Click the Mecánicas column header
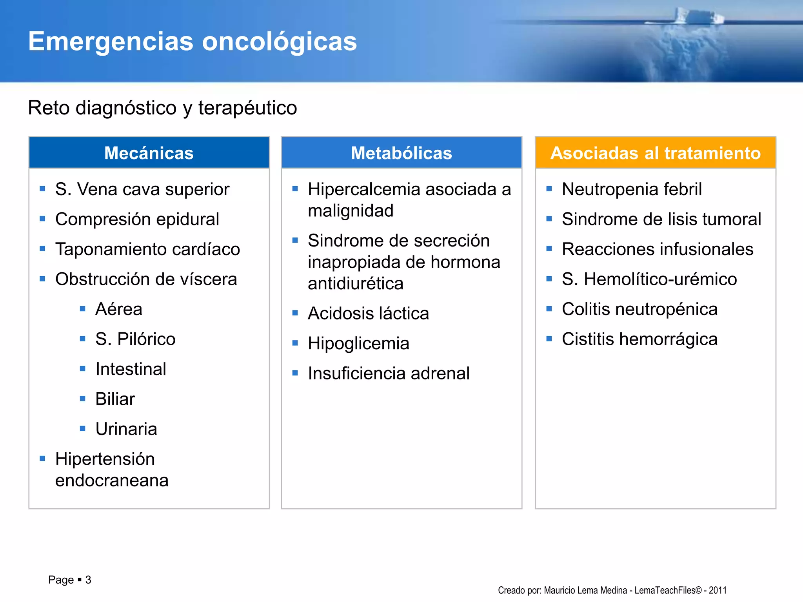(149, 153)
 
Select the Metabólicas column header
(401, 153)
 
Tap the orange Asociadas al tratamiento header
(656, 153)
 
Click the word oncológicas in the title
(279, 42)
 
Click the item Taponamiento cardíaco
(147, 249)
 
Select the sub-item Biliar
(115, 399)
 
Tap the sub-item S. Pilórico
(135, 339)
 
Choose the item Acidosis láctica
(368, 314)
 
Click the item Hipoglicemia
(358, 344)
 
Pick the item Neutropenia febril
(632, 189)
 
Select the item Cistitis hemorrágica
(639, 339)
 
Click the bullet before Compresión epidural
(43, 219)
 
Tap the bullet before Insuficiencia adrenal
(295, 373)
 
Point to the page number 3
(88, 580)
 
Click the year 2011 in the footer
(718, 590)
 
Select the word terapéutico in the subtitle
(247, 108)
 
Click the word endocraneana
(112, 481)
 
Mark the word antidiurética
(355, 283)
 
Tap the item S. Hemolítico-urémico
(649, 279)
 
